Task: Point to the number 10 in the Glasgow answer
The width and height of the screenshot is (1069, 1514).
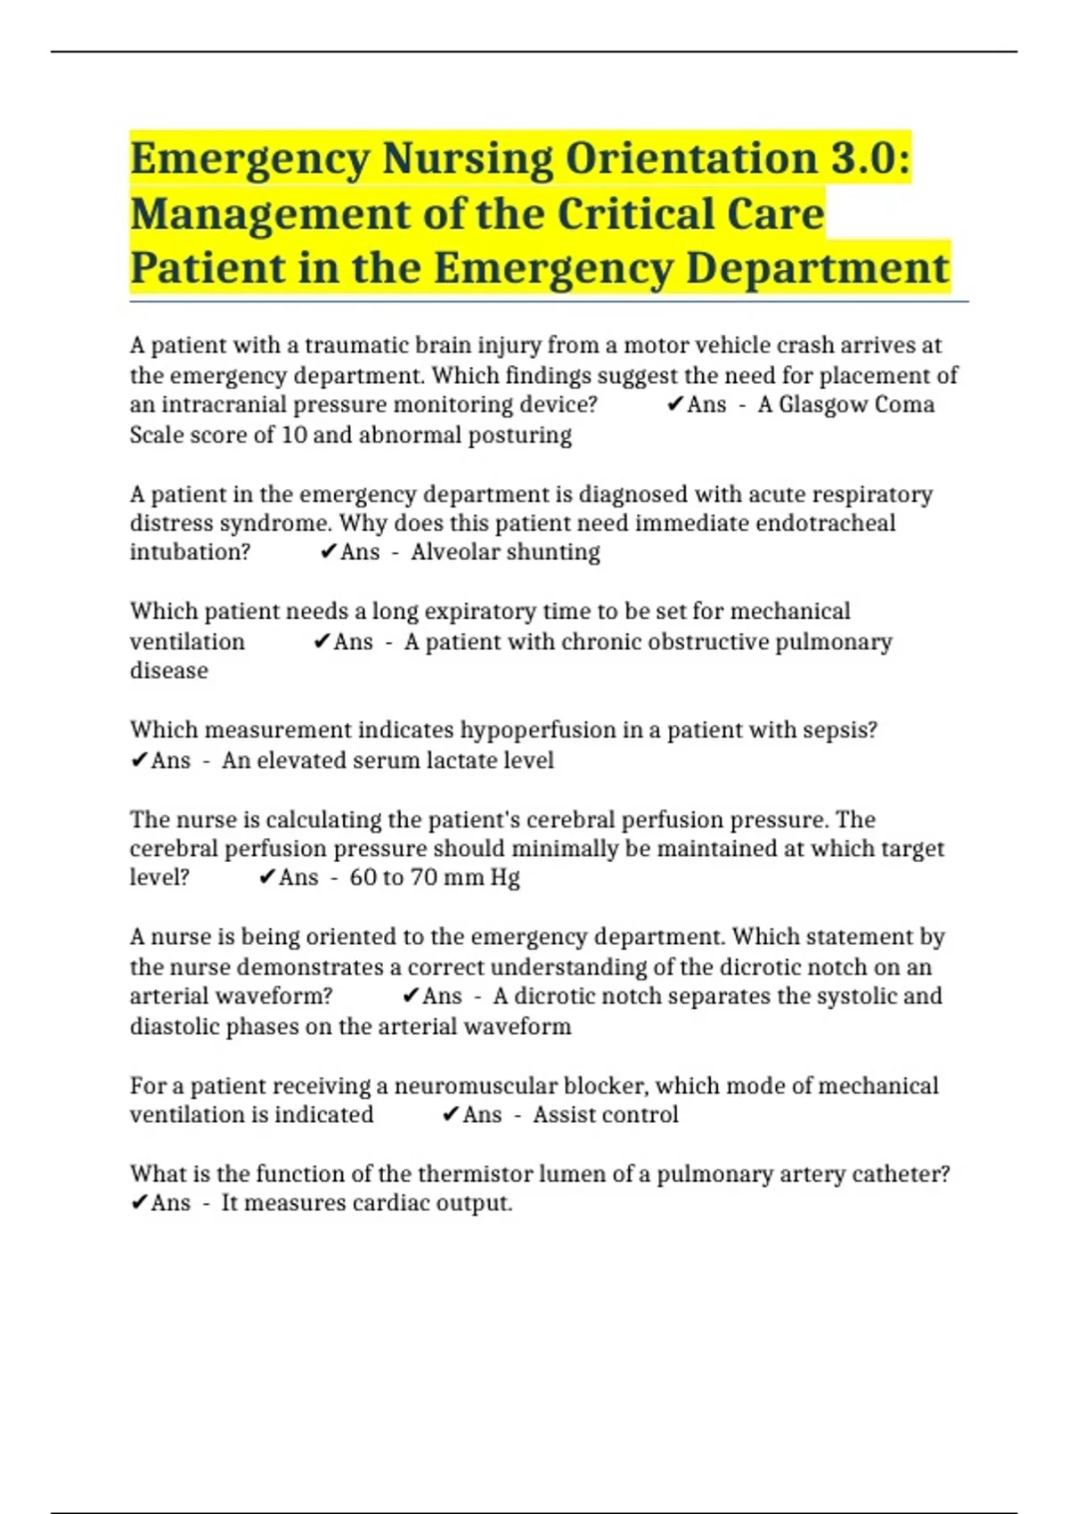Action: (x=294, y=435)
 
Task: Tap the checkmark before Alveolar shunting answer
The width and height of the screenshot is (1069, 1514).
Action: (x=327, y=552)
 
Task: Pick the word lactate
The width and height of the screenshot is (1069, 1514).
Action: (x=460, y=760)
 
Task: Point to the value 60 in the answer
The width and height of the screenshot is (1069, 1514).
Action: (x=363, y=877)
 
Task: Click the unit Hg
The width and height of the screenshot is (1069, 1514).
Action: (x=505, y=877)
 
